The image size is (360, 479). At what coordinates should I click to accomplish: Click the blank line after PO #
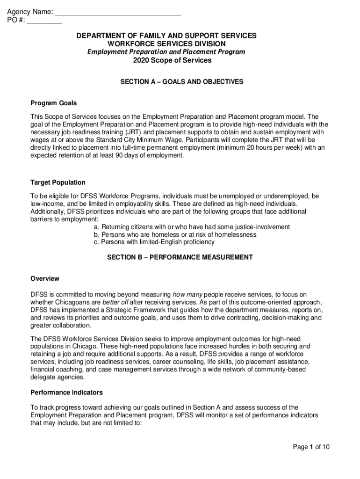pos(44,21)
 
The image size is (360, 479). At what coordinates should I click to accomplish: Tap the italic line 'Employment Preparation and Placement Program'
pos(166,52)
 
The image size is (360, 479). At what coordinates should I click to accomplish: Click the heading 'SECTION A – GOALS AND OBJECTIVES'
pos(182,81)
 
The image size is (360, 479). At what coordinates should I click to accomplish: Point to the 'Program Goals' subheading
pos(54,103)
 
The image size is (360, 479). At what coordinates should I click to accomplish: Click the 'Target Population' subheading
pos(58,182)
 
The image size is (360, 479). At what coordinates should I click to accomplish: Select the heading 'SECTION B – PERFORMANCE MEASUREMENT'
pos(180,257)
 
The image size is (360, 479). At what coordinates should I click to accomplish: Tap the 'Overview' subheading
pos(45,279)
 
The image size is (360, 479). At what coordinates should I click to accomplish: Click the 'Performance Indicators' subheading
pos(67,392)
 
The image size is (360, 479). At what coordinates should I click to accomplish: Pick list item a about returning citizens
pos(192,227)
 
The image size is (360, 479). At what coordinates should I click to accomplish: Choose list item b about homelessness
pos(175,234)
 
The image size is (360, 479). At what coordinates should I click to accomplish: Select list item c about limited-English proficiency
pos(154,242)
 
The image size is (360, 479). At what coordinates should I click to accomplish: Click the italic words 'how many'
pos(187,294)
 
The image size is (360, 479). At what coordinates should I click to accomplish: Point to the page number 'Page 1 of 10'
pos(311,447)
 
